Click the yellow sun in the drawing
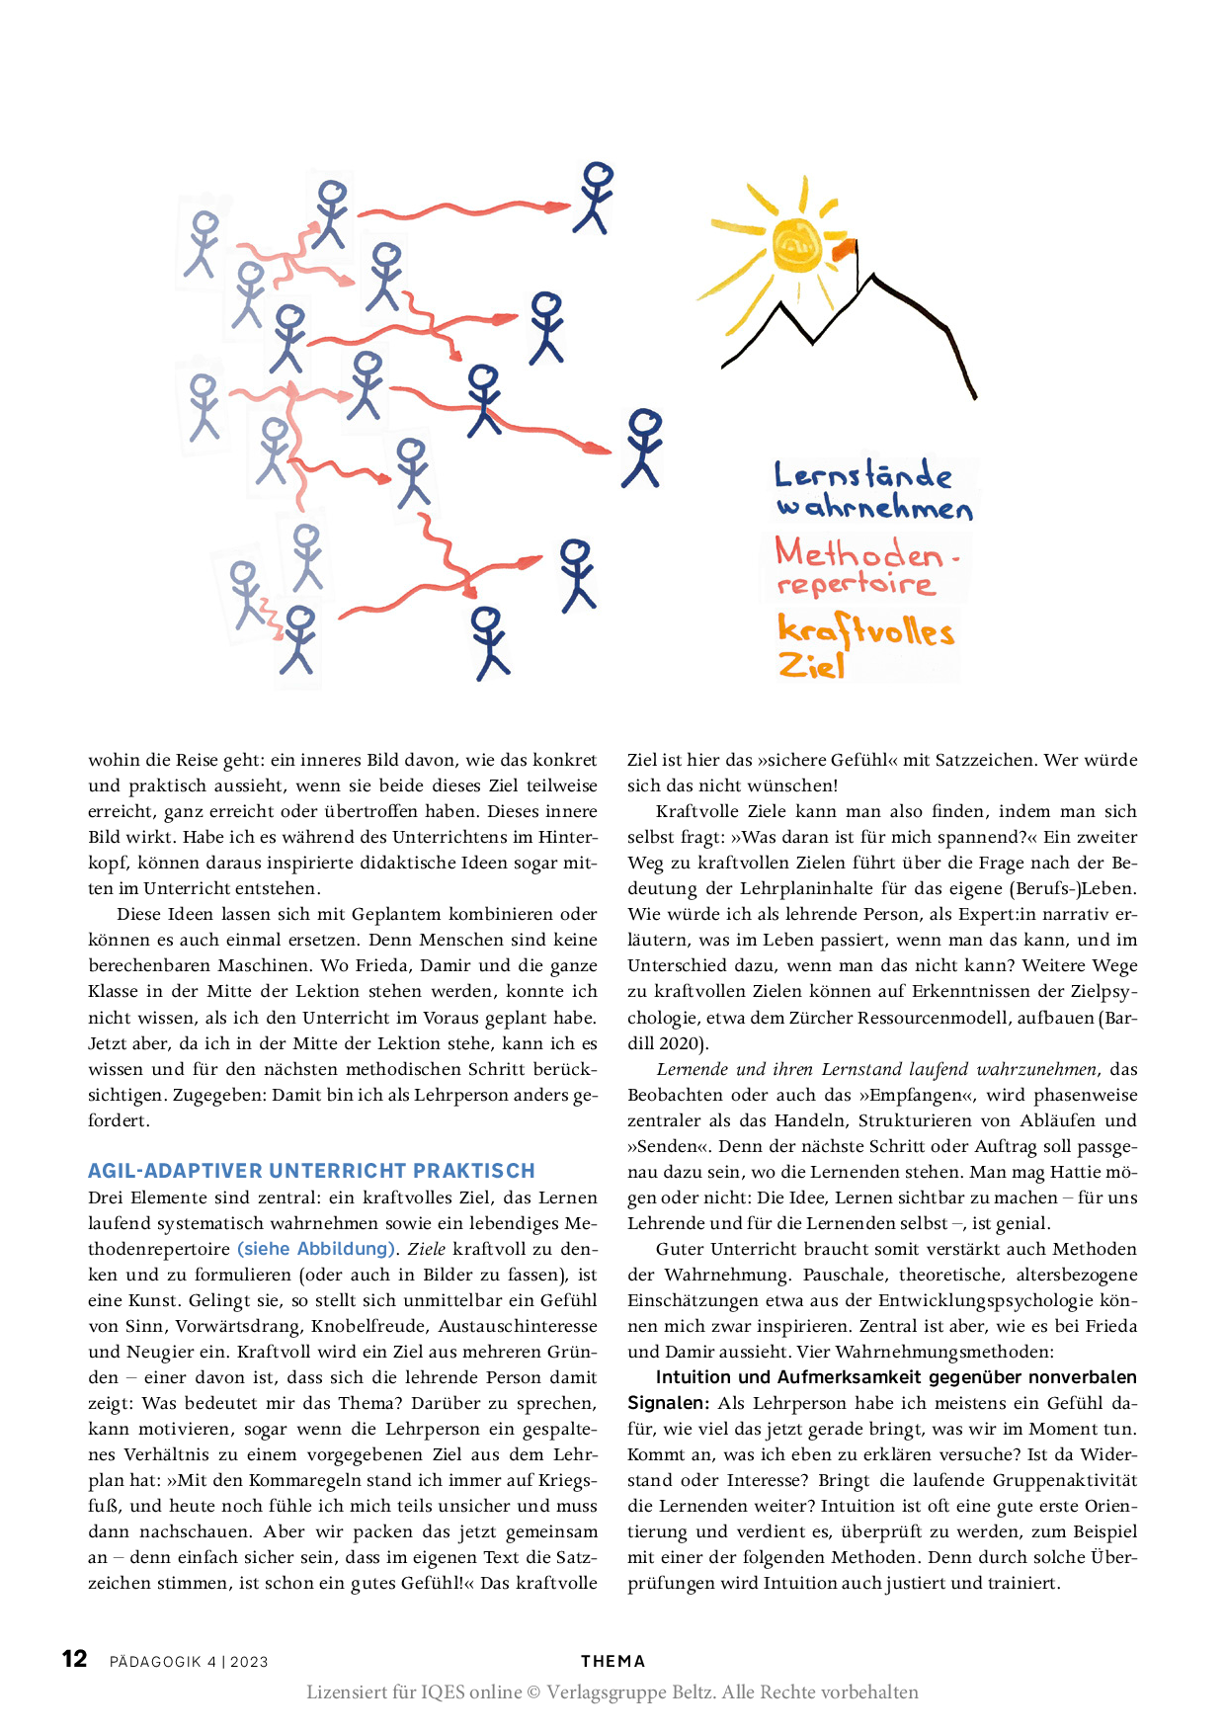click(797, 245)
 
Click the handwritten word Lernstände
click(862, 475)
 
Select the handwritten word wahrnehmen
click(874, 508)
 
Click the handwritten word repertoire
click(856, 584)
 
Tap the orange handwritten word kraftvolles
click(865, 629)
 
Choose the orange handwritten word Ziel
click(811, 665)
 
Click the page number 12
click(74, 1659)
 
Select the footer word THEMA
click(612, 1661)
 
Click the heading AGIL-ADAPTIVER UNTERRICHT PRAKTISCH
click(311, 1171)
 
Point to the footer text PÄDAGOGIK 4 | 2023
click(189, 1662)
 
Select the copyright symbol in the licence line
click(533, 1692)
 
